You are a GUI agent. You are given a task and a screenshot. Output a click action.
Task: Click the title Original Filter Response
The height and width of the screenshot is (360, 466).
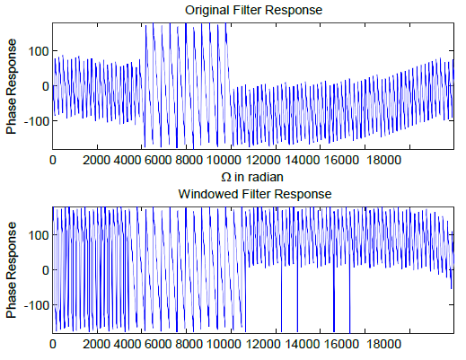tap(254, 10)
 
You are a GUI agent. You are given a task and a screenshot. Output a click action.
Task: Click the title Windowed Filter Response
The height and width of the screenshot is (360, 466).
tap(254, 194)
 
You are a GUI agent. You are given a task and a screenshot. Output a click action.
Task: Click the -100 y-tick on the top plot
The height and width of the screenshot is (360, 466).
tap(34, 121)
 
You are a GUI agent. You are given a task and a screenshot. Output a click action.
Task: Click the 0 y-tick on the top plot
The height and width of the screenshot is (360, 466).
tap(43, 86)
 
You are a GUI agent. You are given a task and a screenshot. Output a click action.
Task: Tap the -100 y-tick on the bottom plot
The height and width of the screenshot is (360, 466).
tap(34, 305)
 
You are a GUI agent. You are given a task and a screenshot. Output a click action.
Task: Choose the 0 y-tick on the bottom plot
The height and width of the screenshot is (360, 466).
tap(43, 270)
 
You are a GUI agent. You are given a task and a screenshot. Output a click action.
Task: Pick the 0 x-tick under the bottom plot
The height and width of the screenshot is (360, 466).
tap(53, 344)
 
